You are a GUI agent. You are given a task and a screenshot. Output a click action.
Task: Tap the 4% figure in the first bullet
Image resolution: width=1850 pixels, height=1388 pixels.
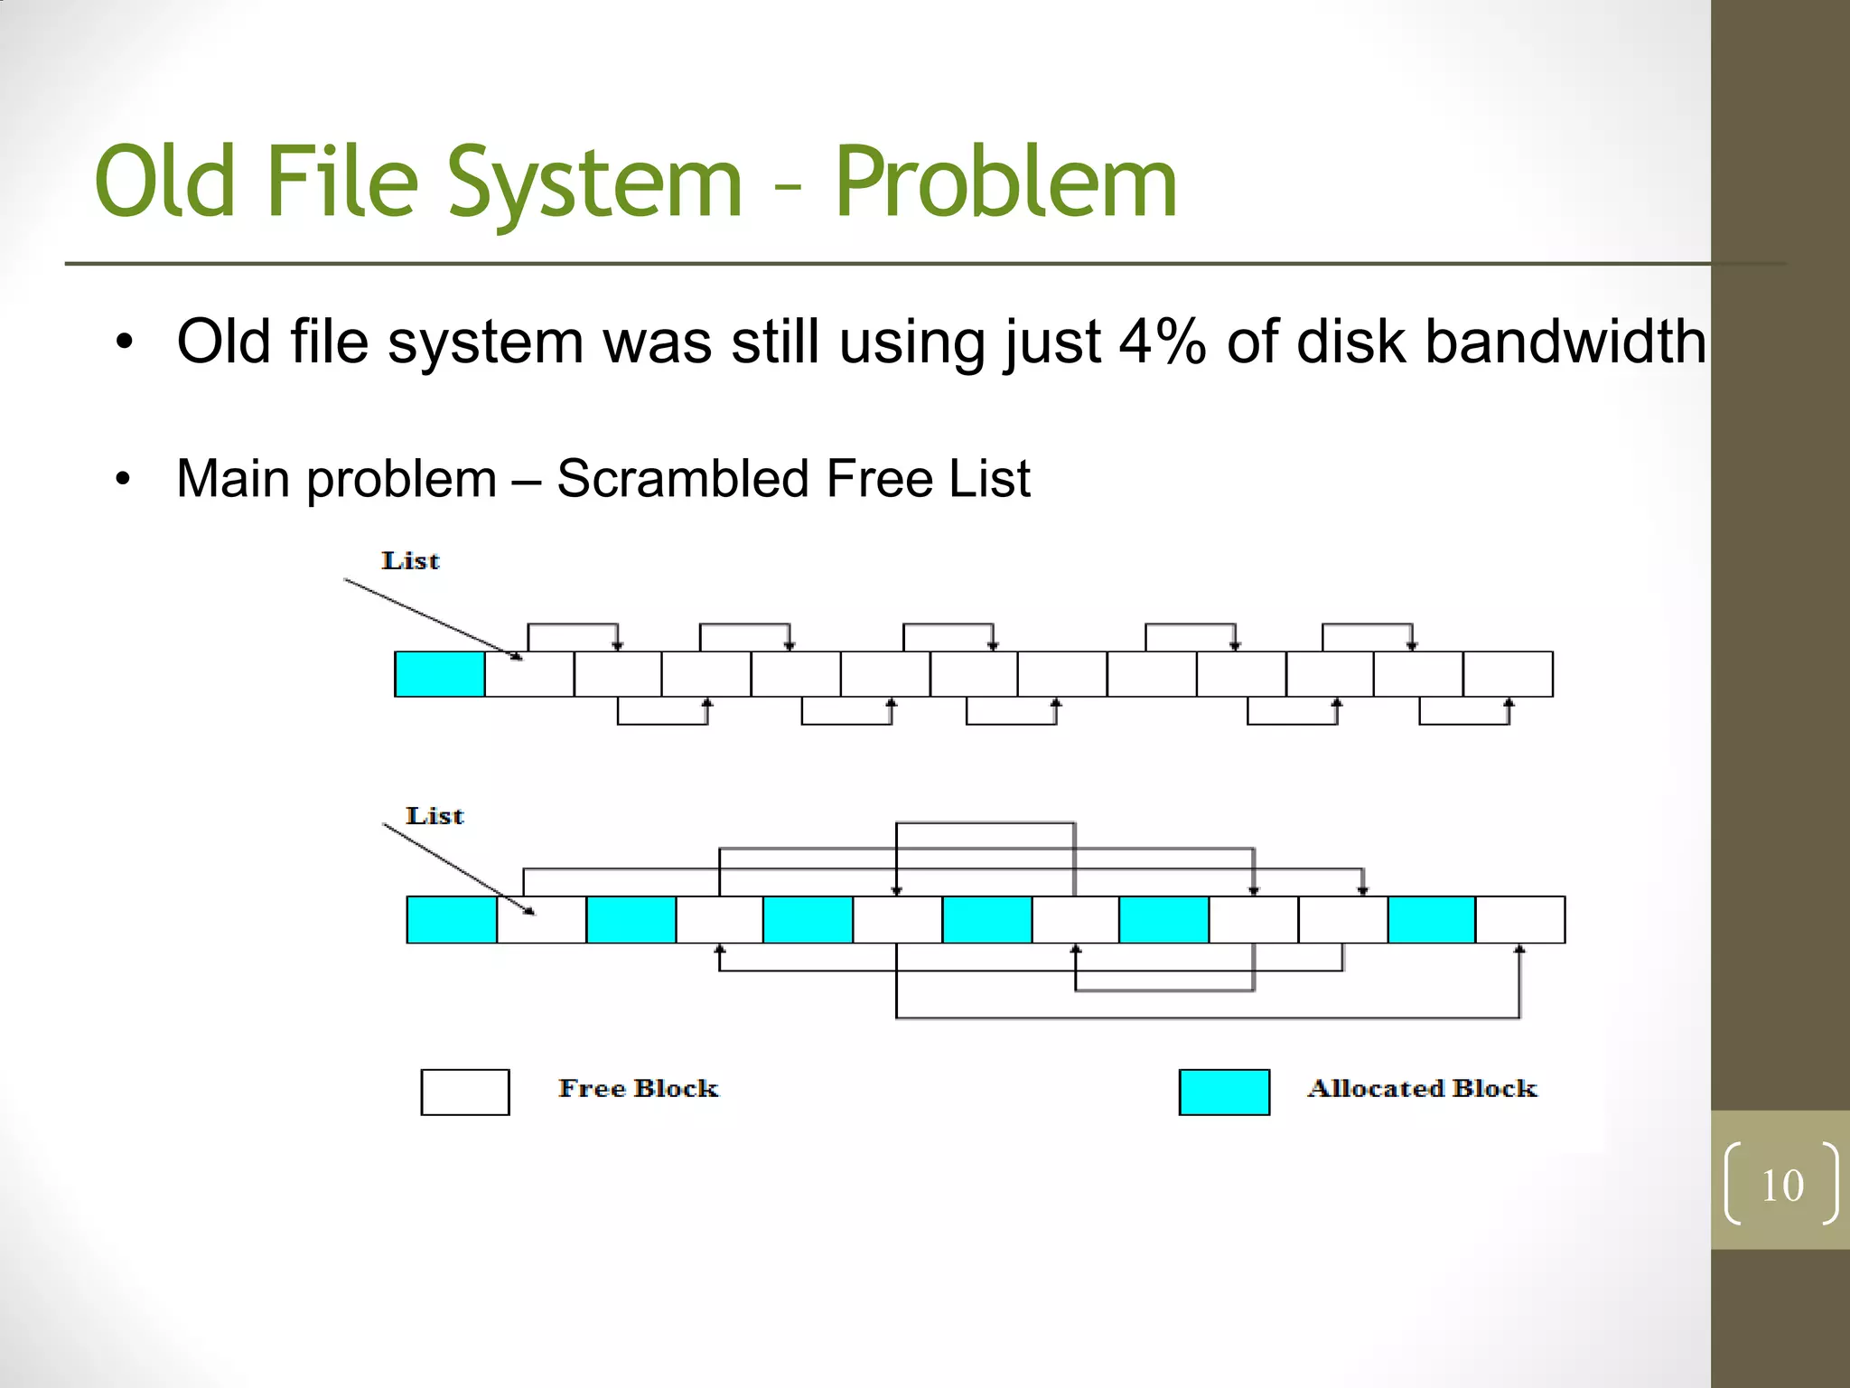[x=1162, y=342]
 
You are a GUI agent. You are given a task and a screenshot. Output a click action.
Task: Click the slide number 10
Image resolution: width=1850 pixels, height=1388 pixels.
[x=1782, y=1186]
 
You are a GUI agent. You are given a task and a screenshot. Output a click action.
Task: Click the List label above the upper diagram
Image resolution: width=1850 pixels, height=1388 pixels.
[x=410, y=560]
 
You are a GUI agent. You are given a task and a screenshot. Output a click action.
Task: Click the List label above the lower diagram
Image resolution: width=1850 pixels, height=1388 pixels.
[x=434, y=816]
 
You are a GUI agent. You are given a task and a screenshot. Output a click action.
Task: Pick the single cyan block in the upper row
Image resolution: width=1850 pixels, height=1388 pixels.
[x=440, y=674]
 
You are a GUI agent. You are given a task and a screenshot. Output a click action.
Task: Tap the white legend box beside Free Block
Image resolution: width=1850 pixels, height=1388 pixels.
[x=465, y=1092]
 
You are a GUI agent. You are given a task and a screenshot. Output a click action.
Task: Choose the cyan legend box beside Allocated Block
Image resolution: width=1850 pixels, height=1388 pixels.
[x=1224, y=1092]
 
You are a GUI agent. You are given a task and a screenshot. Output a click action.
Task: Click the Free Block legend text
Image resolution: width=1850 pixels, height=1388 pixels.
[x=638, y=1088]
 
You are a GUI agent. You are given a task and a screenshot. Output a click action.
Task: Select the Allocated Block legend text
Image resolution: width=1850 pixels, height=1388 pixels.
[x=1422, y=1088]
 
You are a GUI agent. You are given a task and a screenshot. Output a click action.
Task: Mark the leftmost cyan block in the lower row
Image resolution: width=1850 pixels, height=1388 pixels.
[x=452, y=920]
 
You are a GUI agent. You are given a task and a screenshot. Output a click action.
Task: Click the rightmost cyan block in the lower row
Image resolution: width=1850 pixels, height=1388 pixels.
[x=1432, y=920]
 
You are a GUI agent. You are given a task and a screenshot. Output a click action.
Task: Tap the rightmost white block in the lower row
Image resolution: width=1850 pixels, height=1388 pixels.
[x=1520, y=920]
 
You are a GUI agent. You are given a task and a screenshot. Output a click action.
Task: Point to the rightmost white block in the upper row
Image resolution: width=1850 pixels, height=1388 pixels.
[x=1508, y=674]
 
